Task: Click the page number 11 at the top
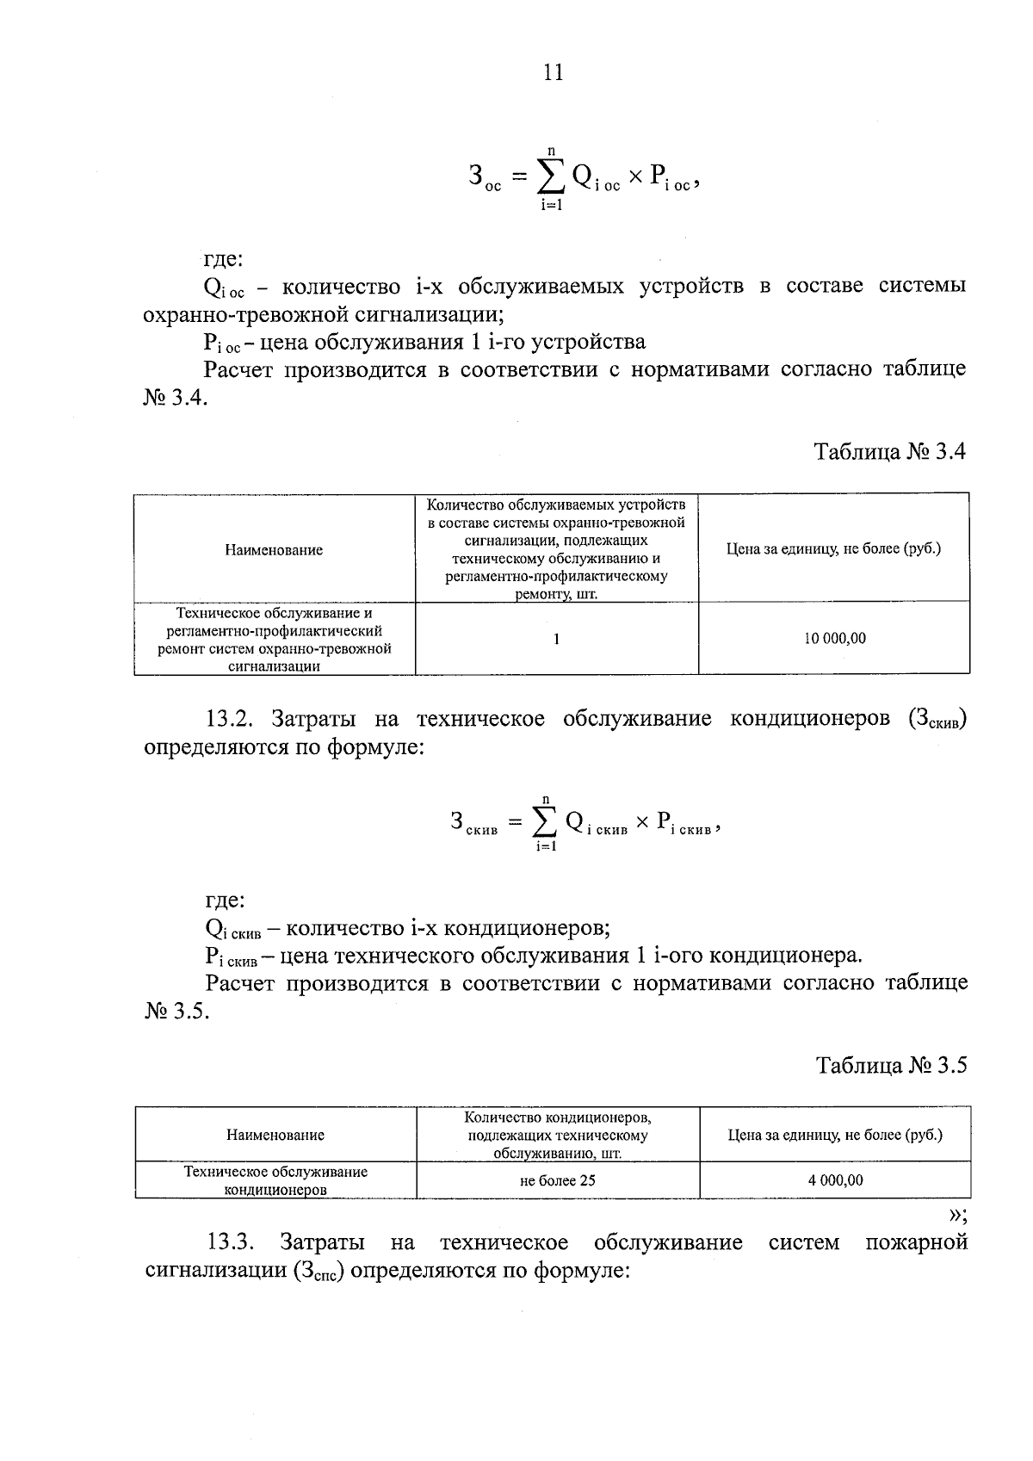pyautogui.click(x=554, y=72)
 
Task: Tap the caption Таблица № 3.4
pyautogui.click(x=890, y=451)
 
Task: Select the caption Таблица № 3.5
pyautogui.click(x=892, y=1065)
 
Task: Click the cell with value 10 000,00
pyautogui.click(x=834, y=639)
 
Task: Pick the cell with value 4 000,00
pyautogui.click(x=835, y=1180)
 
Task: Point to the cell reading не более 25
pyautogui.click(x=558, y=1180)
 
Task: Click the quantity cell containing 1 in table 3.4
pyautogui.click(x=557, y=639)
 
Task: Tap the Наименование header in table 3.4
pyautogui.click(x=274, y=549)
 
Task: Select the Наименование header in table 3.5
pyautogui.click(x=275, y=1135)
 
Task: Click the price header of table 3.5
pyautogui.click(x=835, y=1135)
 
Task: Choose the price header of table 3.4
pyautogui.click(x=833, y=548)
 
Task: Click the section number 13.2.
pyautogui.click(x=231, y=719)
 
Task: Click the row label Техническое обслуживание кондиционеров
pyautogui.click(x=275, y=1180)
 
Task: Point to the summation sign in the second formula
pyautogui.click(x=545, y=824)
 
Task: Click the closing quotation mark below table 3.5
pyautogui.click(x=956, y=1216)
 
